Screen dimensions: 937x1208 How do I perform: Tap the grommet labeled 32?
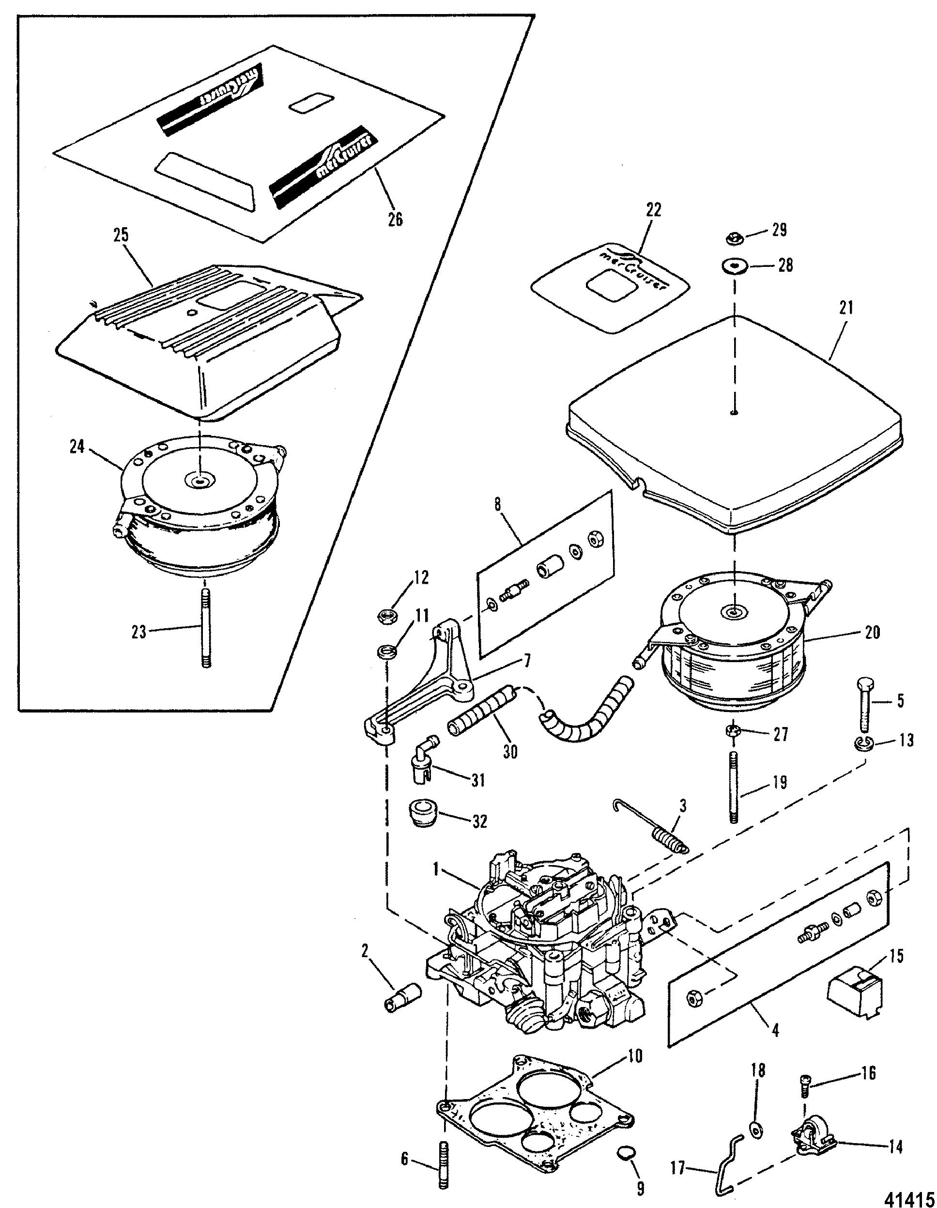(422, 816)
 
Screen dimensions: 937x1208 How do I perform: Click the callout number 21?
(846, 308)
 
